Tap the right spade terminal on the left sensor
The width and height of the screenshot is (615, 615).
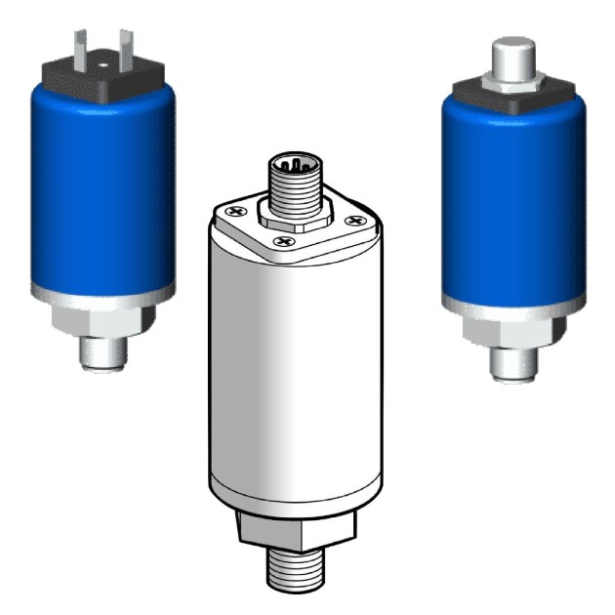point(125,47)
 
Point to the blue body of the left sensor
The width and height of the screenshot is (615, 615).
point(103,185)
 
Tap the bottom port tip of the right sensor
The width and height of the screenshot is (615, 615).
point(515,365)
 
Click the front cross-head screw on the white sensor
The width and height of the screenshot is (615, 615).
point(283,239)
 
